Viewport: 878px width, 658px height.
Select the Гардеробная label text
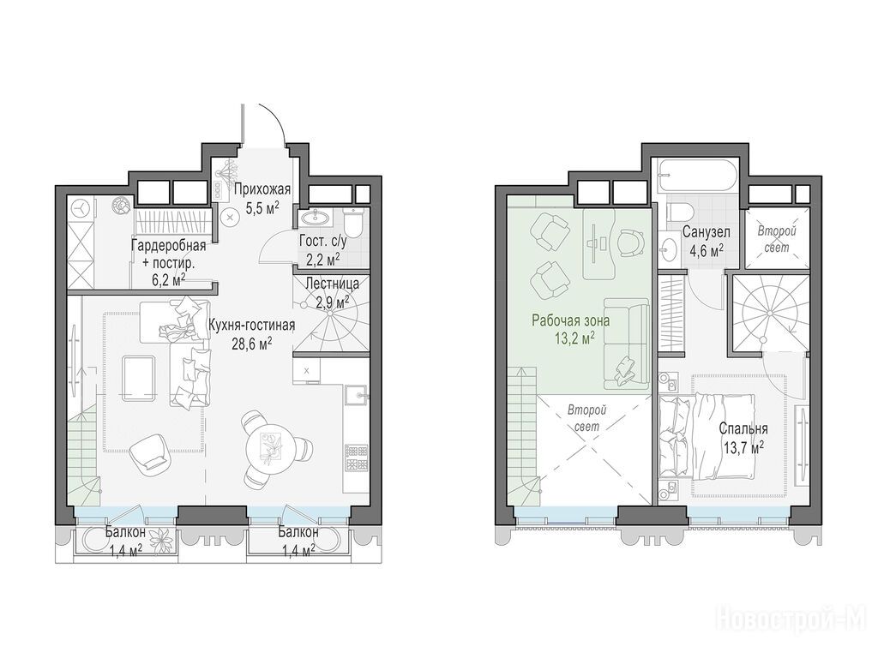click(169, 245)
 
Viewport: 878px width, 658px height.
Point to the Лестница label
click(332, 284)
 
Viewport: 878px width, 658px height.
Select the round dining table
click(271, 446)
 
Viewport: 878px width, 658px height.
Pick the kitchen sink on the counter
click(356, 396)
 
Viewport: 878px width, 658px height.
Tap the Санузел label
click(706, 232)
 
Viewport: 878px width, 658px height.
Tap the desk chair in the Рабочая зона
click(634, 243)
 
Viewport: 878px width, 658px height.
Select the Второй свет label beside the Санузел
click(776, 239)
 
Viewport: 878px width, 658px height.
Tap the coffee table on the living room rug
click(139, 378)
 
